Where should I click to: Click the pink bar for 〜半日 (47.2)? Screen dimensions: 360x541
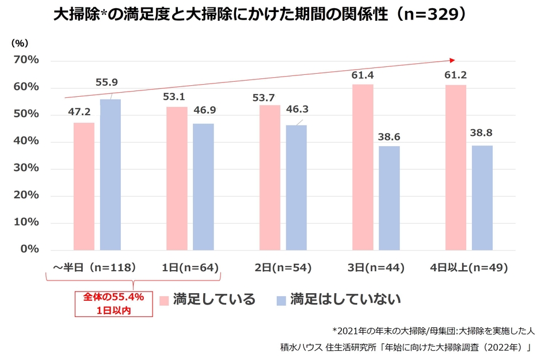84,186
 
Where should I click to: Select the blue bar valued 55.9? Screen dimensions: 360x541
111,175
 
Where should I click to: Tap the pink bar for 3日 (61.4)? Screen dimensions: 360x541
363,167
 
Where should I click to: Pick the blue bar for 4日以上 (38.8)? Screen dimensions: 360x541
482,198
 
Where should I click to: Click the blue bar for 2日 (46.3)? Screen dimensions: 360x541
296,188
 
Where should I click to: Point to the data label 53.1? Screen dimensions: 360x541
173,97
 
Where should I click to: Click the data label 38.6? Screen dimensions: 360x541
390,137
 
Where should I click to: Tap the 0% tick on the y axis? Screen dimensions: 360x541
29,249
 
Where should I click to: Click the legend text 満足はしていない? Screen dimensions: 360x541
345,300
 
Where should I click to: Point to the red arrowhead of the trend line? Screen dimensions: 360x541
452,59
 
